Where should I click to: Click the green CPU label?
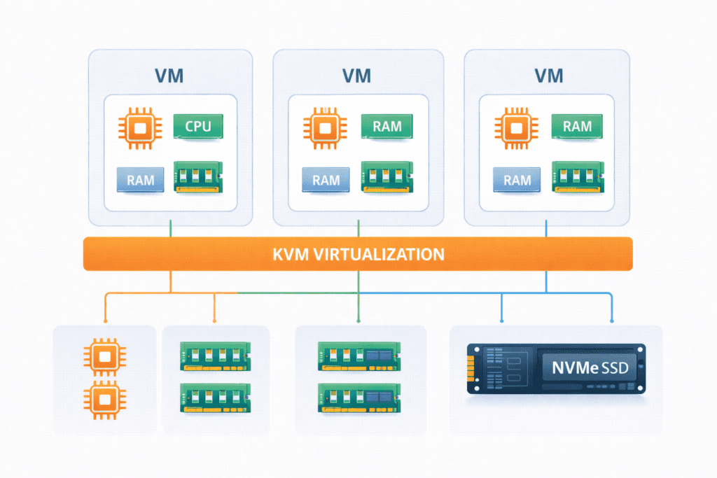[197, 127]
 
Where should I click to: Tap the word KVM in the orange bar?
[289, 253]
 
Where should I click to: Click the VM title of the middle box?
[358, 76]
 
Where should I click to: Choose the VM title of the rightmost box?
[548, 76]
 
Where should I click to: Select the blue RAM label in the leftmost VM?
[140, 179]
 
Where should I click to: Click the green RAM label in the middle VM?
[387, 127]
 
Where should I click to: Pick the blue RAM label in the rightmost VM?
[517, 179]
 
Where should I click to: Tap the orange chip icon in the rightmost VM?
[517, 128]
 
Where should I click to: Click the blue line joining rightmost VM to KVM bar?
[546, 227]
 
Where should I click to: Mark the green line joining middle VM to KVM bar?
[358, 227]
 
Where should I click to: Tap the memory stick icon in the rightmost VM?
[578, 178]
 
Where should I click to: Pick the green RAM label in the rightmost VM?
[577, 127]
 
